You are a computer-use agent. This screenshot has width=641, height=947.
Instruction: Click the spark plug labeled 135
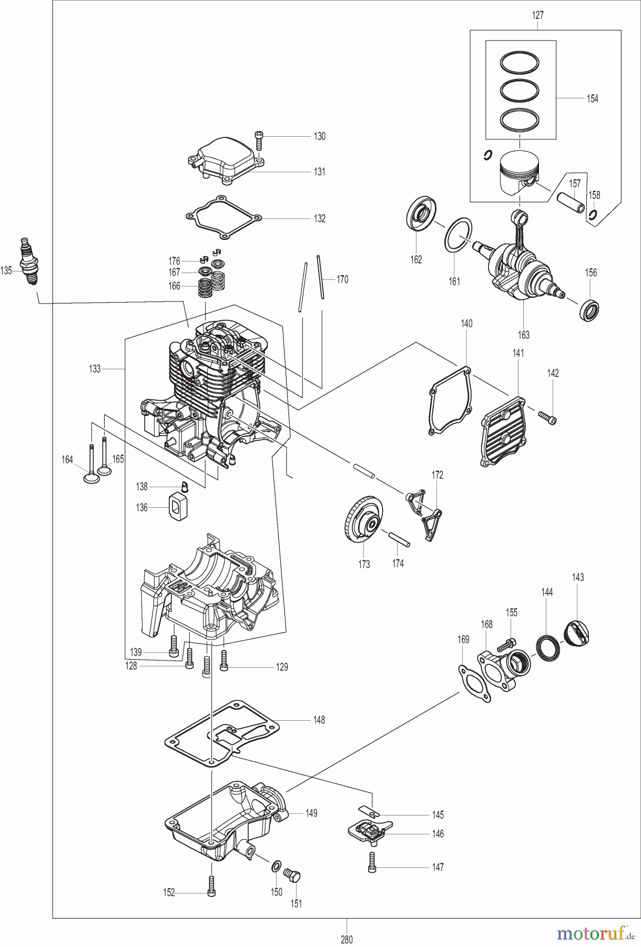tap(29, 261)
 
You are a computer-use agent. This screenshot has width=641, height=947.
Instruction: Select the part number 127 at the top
tap(537, 15)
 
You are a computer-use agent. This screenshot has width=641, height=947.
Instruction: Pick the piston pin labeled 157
tap(571, 203)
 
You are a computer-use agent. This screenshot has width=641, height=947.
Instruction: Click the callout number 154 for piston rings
tap(592, 98)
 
